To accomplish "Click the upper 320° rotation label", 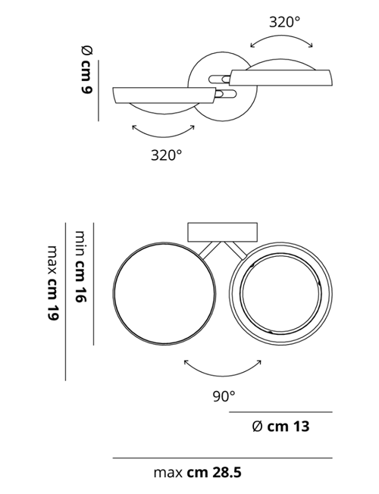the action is [x=284, y=22].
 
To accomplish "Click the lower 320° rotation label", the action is [x=166, y=155].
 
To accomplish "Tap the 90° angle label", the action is [x=224, y=396].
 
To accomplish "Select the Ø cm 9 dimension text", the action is [x=86, y=70].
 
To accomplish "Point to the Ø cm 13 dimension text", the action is [x=280, y=427].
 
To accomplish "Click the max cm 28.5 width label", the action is [x=197, y=473].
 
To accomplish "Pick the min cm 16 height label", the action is [x=80, y=266].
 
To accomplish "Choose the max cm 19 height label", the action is [x=53, y=283].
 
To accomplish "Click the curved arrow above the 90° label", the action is [x=223, y=376].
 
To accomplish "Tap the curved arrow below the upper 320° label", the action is [x=281, y=36].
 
